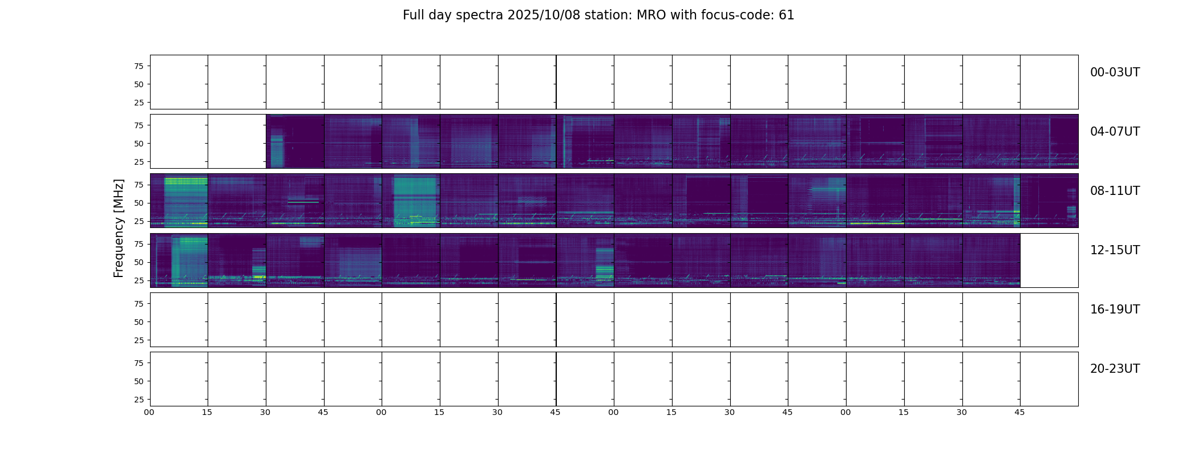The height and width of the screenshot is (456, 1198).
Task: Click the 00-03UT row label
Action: (1115, 72)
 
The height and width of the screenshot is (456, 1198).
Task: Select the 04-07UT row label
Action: (1115, 132)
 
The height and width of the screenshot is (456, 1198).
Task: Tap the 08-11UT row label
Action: (1115, 191)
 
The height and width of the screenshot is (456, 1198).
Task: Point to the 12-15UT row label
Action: (1115, 250)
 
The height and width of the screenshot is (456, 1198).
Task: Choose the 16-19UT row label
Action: (1115, 310)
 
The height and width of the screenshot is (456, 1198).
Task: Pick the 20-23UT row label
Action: (1115, 369)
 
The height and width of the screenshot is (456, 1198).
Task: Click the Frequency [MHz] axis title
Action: (119, 228)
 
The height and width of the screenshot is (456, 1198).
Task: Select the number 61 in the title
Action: (786, 15)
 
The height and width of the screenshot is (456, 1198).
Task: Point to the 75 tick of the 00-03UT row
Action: (139, 66)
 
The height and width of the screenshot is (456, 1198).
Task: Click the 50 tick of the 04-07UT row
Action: (139, 144)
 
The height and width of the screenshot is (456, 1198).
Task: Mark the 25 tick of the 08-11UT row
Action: (139, 221)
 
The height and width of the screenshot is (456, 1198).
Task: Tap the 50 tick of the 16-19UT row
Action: (139, 322)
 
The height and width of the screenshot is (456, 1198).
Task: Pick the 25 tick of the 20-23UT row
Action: (139, 400)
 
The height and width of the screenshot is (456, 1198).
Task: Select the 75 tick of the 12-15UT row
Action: (139, 244)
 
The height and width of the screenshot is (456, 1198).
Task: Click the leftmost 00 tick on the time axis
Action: (149, 412)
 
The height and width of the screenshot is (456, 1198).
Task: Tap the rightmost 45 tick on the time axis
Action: (1019, 412)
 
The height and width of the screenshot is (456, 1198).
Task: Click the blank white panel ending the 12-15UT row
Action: (1049, 260)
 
